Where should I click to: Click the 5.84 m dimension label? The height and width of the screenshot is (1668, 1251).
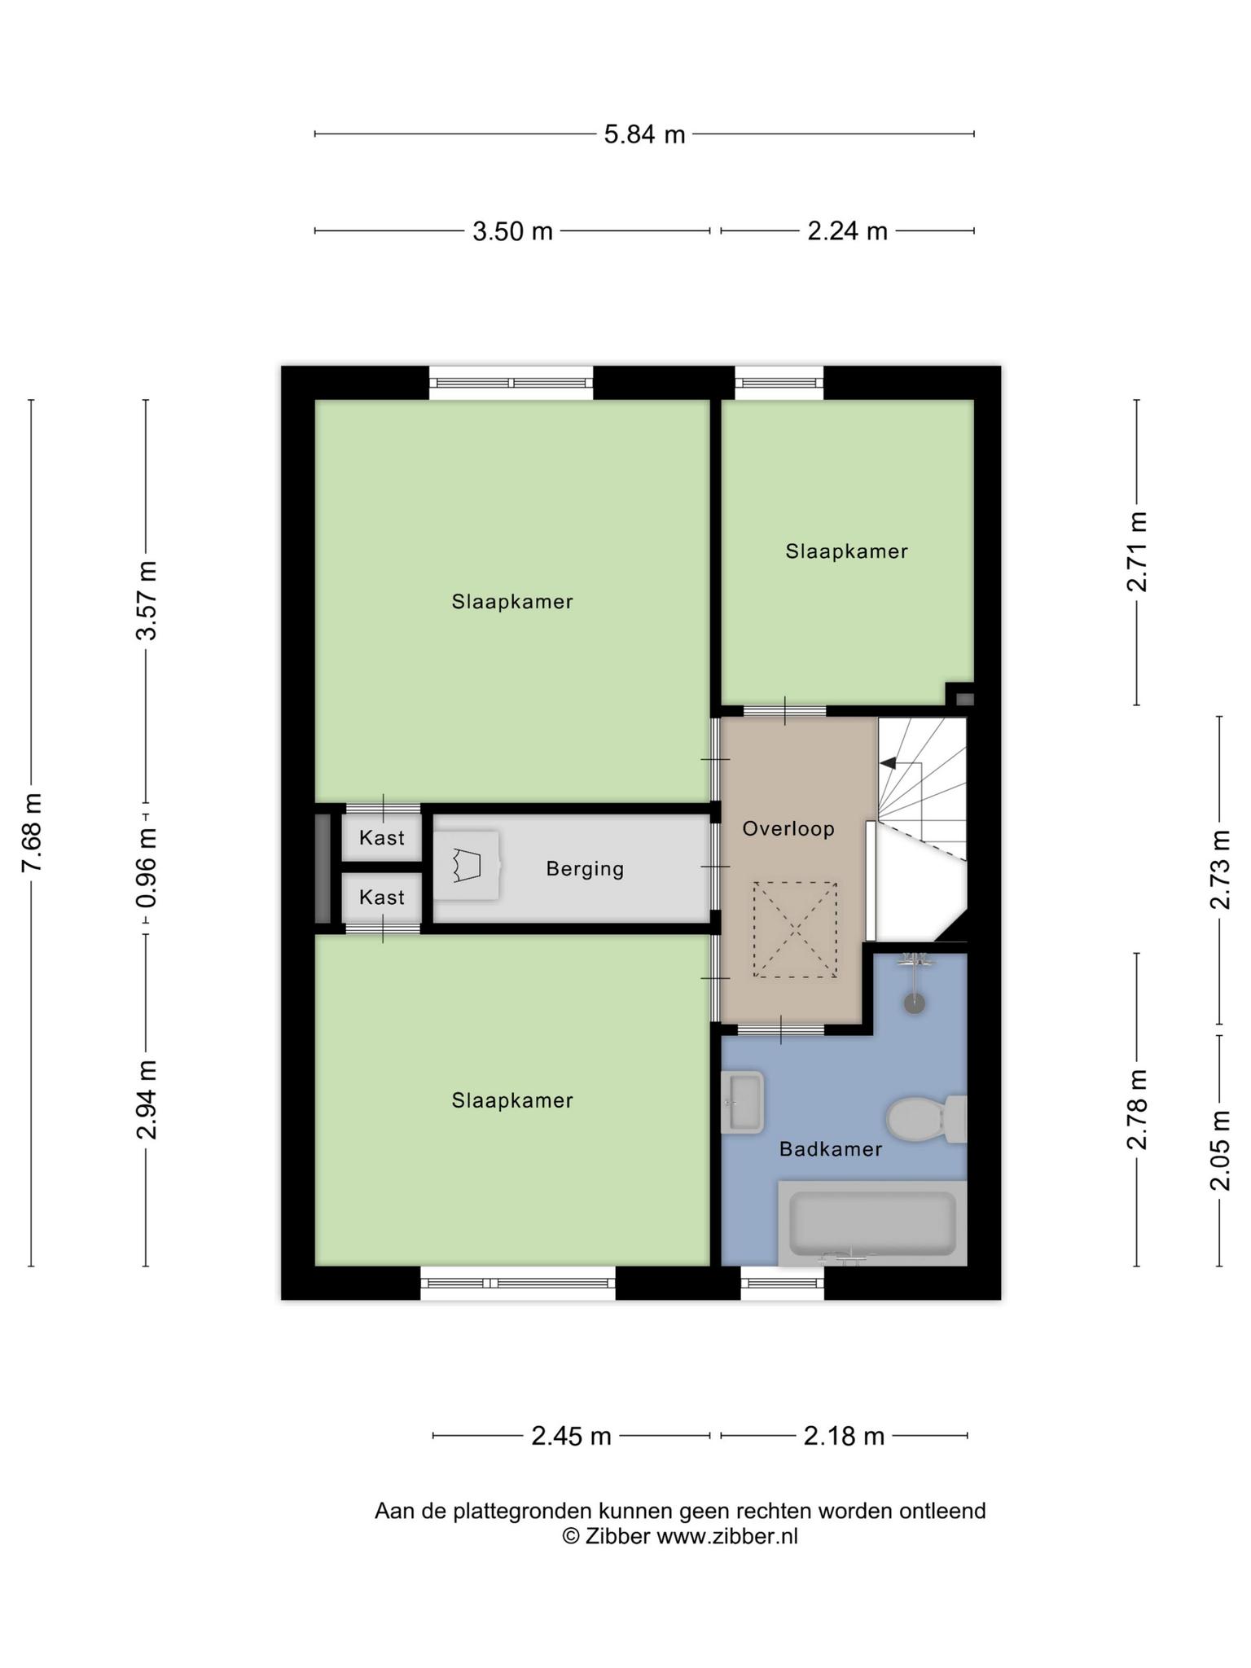pos(644,134)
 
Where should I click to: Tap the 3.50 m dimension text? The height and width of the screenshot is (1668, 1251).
pos(512,231)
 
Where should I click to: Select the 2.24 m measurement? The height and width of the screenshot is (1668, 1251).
pos(847,231)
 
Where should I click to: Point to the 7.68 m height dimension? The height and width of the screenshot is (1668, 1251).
pos(32,832)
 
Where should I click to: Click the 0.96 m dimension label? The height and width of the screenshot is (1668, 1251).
pos(147,868)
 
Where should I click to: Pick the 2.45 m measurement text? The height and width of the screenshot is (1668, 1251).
pos(571,1436)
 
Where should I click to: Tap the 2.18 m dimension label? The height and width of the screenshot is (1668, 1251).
pos(844,1436)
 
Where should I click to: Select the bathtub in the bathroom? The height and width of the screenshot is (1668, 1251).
pos(872,1223)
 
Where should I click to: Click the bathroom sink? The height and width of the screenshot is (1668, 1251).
pos(743,1102)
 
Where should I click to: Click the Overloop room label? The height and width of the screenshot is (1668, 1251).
pos(788,829)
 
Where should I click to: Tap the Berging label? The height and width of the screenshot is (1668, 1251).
pos(585,869)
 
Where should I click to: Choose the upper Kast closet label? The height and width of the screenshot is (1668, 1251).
pos(382,837)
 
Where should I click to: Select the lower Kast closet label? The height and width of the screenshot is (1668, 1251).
pos(382,897)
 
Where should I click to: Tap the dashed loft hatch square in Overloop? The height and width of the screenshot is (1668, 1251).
pos(795,929)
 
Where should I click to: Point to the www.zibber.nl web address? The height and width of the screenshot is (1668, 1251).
pos(727,1537)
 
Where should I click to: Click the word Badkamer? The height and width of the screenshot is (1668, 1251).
pos(831,1149)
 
